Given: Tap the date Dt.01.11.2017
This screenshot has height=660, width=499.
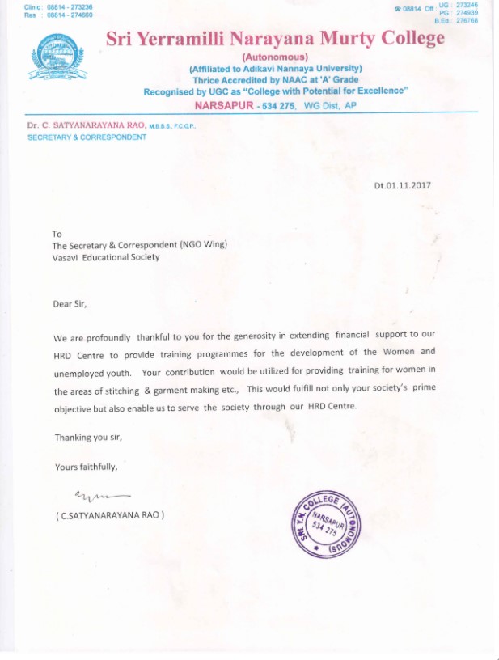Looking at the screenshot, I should click(402, 185).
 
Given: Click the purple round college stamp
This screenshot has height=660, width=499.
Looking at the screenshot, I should click(327, 523).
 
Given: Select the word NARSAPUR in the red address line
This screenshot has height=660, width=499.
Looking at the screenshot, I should click(223, 106).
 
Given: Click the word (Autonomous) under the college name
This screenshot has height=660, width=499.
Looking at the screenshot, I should click(275, 57).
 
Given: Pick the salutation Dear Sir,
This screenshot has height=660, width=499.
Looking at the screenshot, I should click(69, 304).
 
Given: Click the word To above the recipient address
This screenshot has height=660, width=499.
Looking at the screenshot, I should click(57, 234).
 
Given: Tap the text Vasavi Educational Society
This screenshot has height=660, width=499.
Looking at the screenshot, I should click(106, 257).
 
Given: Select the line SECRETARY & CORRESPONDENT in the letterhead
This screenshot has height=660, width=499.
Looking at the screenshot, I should click(87, 137).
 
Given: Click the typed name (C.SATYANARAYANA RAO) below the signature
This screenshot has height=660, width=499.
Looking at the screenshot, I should click(109, 515).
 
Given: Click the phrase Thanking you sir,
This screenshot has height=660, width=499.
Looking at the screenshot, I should click(88, 438).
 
